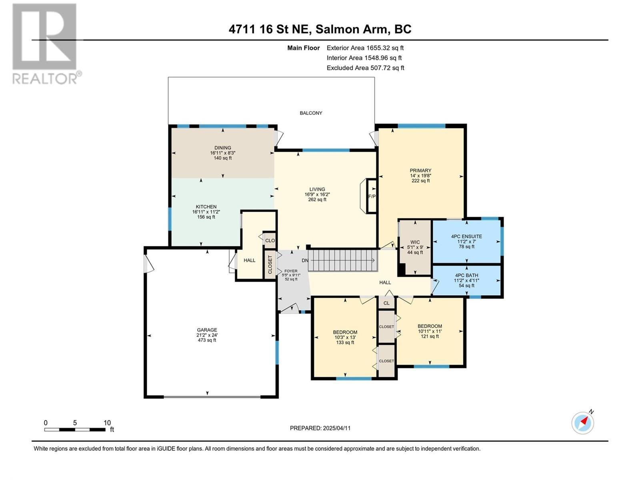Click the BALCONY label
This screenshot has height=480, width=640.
coord(311,113)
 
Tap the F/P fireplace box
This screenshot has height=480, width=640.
coord(372,196)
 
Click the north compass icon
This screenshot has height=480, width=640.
coord(583,423)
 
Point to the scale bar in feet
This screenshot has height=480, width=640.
coord(75,429)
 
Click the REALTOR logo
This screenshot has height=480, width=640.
coord(44,44)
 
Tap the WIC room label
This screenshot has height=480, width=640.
coord(415,247)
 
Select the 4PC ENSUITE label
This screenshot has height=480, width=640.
coord(466,241)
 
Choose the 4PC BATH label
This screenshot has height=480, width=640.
coord(466,280)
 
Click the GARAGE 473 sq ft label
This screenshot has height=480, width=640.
coord(207,335)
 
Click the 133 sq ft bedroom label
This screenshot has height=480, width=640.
coord(345,337)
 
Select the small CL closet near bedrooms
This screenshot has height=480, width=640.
coord(386,303)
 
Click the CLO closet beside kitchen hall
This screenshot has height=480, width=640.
coord(270,240)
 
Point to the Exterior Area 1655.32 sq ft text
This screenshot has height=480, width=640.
coord(365,48)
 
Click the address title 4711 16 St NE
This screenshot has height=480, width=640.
coord(320,29)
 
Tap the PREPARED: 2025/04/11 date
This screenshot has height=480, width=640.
coord(320,428)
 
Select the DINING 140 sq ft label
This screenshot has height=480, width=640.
coord(223,153)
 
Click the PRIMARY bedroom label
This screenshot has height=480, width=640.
coord(420,175)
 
